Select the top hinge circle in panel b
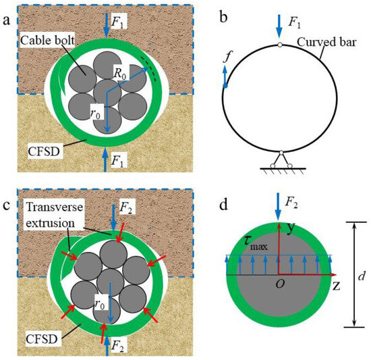(279, 45)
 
